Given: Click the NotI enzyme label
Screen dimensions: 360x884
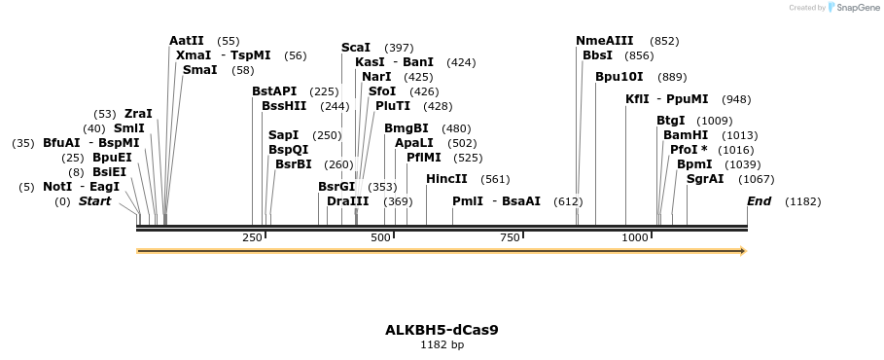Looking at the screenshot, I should pos(56,187).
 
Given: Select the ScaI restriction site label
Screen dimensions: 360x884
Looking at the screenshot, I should pos(356,48).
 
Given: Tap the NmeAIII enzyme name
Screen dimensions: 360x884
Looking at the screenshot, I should pos(604,41).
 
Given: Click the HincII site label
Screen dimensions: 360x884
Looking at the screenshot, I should pos(446,179).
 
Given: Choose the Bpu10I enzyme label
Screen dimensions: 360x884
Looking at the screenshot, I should pos(619,77).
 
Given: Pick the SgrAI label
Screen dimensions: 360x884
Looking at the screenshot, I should pos(705,179).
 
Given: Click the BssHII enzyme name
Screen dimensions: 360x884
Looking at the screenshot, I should pos(284,106).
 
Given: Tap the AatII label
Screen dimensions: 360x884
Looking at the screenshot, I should pos(187,41).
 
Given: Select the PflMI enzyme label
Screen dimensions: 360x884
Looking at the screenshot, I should pos(424,158).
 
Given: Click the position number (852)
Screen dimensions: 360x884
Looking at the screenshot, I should pos(664,41).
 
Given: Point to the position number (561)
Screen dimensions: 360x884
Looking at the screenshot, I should pos(495,179).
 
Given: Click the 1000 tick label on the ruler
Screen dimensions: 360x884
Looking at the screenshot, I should pos(635,237).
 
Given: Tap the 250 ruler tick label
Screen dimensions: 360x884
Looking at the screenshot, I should pos(252,237).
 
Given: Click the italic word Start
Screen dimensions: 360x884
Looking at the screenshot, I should pos(94,201).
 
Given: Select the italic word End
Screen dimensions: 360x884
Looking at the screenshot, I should pos(759,201).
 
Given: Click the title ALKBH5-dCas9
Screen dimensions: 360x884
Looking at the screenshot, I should pos(442,329).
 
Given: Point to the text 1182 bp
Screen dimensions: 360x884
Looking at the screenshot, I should pos(442,344).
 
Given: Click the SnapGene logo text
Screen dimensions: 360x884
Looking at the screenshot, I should pos(854,8).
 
